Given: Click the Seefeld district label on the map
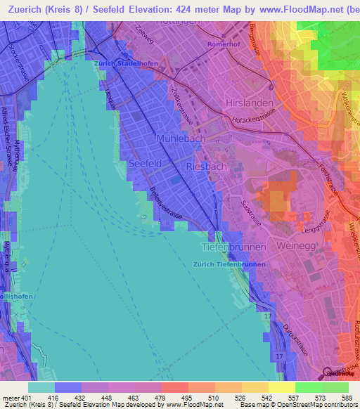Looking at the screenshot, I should pos(146,163).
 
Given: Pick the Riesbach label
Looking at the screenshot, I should pos(206,167).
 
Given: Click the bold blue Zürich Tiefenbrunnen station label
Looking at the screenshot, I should pos(229,264).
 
